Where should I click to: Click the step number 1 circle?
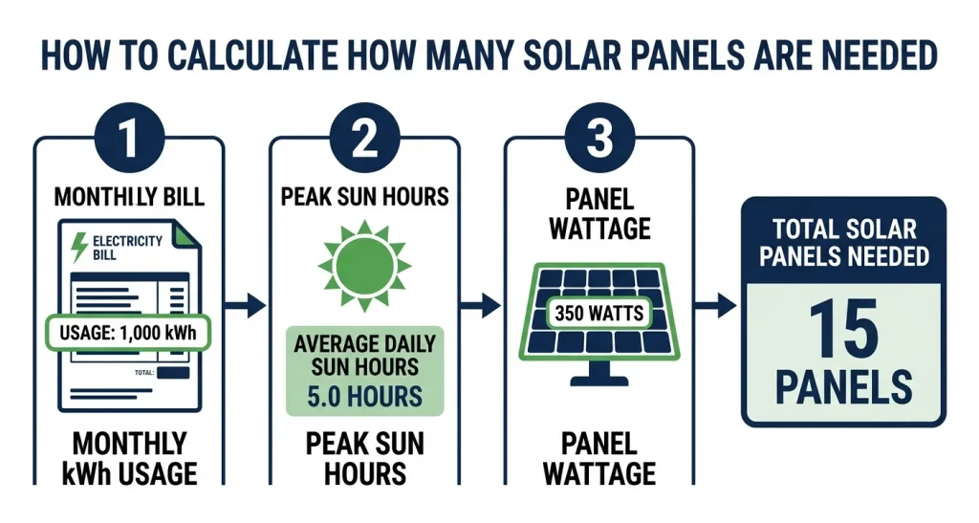(129, 140)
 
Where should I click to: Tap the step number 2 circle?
(364, 140)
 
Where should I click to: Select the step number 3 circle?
(599, 140)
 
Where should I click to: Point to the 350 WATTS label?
(599, 313)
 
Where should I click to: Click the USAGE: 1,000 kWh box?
(129, 334)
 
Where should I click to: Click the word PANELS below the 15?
(843, 386)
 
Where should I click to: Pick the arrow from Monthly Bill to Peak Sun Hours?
(246, 306)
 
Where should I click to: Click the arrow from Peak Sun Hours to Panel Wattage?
(481, 306)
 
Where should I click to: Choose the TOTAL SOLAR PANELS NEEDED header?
(843, 242)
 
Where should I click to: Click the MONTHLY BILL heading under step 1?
(129, 197)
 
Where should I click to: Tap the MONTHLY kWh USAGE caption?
(129, 457)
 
